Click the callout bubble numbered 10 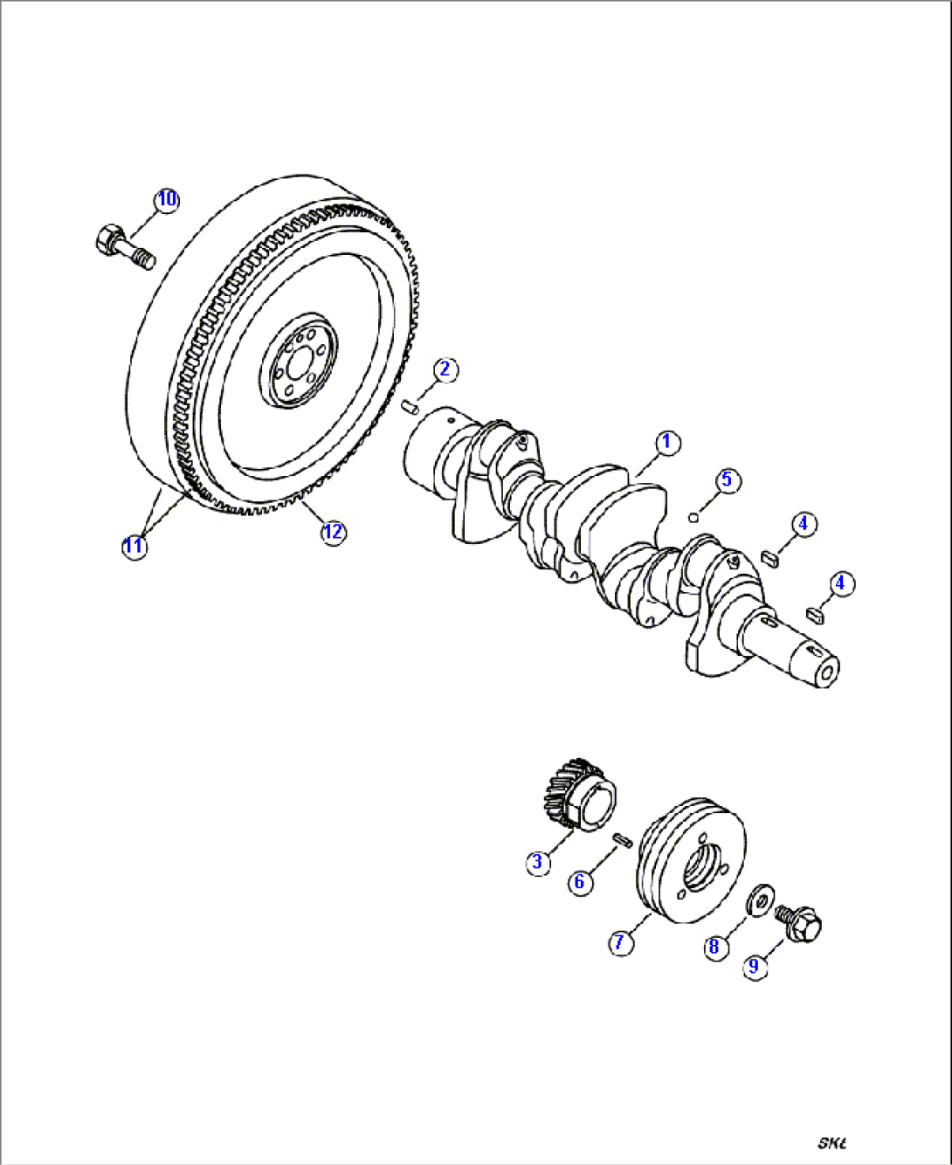tap(167, 199)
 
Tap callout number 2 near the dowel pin tap(445, 369)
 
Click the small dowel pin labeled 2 tap(411, 404)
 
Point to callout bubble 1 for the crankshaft tap(666, 442)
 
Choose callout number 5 tap(727, 480)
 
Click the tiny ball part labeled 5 tap(693, 516)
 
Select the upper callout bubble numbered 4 tap(804, 524)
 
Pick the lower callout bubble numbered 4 tap(841, 583)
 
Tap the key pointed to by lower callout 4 tap(815, 615)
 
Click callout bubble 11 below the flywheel tap(134, 547)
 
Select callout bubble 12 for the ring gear tap(333, 532)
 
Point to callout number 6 tap(579, 882)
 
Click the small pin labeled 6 tap(623, 839)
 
